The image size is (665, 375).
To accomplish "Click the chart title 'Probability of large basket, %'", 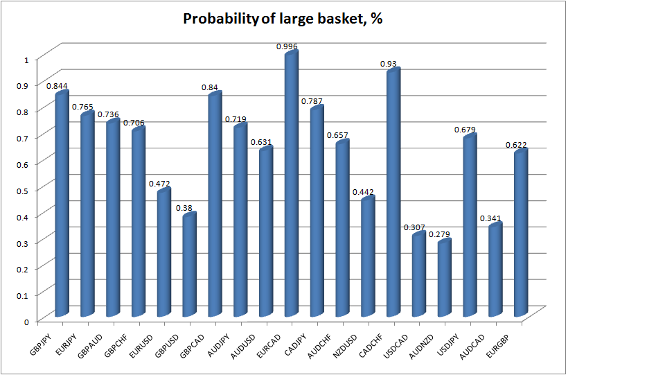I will click(283, 19).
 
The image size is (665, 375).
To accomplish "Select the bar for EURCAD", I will click(291, 187).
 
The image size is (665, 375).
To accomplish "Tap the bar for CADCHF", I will click(393, 194).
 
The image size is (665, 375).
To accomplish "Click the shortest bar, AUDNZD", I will click(443, 277).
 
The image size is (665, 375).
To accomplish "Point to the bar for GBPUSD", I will click(189, 267).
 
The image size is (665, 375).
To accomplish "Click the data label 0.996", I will click(287, 46).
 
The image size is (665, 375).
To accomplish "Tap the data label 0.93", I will click(388, 64).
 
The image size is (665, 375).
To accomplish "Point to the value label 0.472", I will click(159, 184).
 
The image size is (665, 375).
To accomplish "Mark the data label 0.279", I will click(438, 234).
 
